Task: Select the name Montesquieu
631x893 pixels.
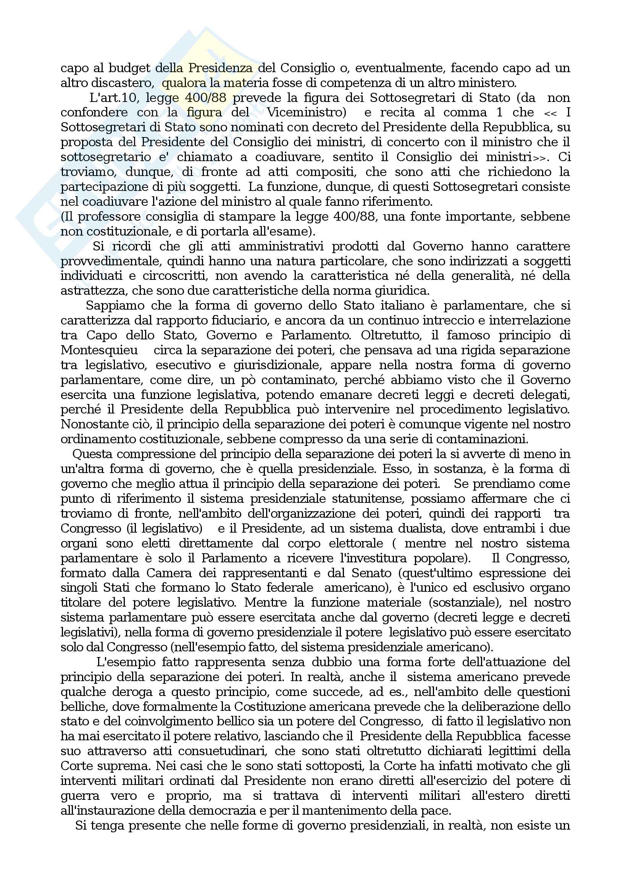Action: pos(99,350)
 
